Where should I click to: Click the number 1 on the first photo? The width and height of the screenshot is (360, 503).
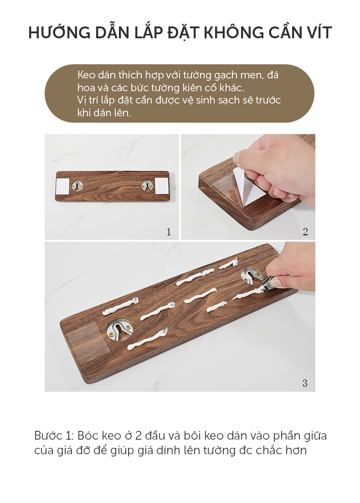pyautogui.click(x=169, y=232)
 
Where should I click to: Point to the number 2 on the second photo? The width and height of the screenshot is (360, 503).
pyautogui.click(x=305, y=232)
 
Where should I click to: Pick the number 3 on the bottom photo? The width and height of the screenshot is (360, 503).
pyautogui.click(x=305, y=383)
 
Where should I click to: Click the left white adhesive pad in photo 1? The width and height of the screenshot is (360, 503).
pyautogui.click(x=62, y=187)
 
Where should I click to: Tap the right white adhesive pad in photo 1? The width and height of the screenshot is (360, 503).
pyautogui.click(x=162, y=186)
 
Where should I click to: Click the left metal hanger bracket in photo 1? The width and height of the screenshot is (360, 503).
pyautogui.click(x=77, y=186)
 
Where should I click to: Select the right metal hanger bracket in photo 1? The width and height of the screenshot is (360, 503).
pyautogui.click(x=148, y=186)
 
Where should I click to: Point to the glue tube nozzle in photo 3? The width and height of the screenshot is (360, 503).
pyautogui.click(x=264, y=287)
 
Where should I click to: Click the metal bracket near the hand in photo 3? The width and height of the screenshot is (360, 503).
pyautogui.click(x=252, y=275)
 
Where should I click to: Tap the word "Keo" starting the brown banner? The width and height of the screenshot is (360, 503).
pyautogui.click(x=86, y=75)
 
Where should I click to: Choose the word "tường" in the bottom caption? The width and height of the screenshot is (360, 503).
pyautogui.click(x=221, y=450)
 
